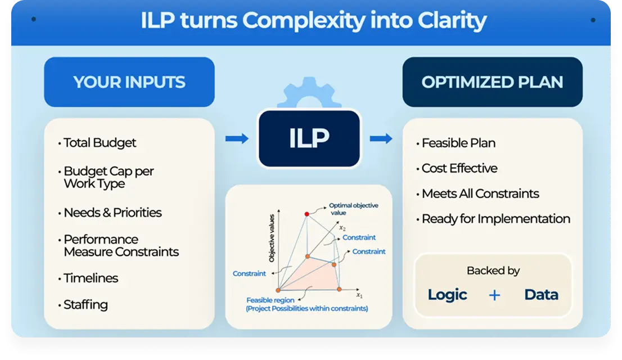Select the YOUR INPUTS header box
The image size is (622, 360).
click(129, 82)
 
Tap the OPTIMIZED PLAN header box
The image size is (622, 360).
click(492, 82)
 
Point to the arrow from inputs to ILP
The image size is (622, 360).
click(236, 138)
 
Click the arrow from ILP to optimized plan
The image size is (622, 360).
click(381, 138)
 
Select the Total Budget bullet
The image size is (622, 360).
click(100, 143)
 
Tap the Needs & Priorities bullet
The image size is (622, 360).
click(112, 213)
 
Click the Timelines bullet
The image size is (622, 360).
click(91, 278)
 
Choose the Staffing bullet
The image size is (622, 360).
click(85, 305)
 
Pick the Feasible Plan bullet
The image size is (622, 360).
click(458, 143)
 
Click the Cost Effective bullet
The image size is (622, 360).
click(459, 168)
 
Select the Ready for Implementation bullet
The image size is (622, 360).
click(495, 219)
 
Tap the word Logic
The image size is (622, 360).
click(447, 295)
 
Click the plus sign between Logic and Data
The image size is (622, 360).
click(494, 295)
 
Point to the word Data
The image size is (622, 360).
click(541, 295)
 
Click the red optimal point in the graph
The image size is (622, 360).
click(307, 214)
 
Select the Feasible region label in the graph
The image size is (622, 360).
click(267, 300)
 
